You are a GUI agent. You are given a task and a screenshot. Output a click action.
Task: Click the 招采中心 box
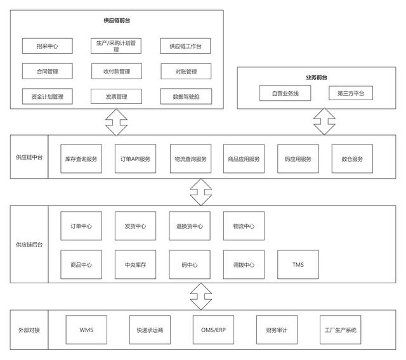pos(48,46)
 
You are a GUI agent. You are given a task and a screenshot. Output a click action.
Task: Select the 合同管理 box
pos(48,71)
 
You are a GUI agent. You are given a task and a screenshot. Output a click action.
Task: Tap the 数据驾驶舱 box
pos(185,96)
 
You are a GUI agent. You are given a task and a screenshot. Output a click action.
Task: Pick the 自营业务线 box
pos(280,93)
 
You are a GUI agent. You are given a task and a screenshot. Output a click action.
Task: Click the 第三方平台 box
pos(351,93)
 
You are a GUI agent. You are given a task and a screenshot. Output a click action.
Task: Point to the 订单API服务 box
pos(135,159)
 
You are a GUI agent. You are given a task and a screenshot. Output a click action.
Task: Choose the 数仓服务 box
pos(352,159)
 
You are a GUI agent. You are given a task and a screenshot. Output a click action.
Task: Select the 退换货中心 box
pos(190,226)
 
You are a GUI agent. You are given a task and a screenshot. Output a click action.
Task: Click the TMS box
pos(298,264)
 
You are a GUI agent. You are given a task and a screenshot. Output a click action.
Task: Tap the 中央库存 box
pos(135,264)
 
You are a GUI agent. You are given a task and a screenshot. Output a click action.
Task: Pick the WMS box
pos(86,330)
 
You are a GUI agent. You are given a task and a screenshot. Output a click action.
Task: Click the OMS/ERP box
pos(214,330)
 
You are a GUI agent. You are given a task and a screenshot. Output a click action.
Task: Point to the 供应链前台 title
pos(117,20)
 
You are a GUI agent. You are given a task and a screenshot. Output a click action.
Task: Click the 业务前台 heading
pos(316,76)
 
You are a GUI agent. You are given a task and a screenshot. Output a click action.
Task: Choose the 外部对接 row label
pos(29,330)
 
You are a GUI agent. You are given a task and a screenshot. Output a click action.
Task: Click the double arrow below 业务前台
pos(324,120)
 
